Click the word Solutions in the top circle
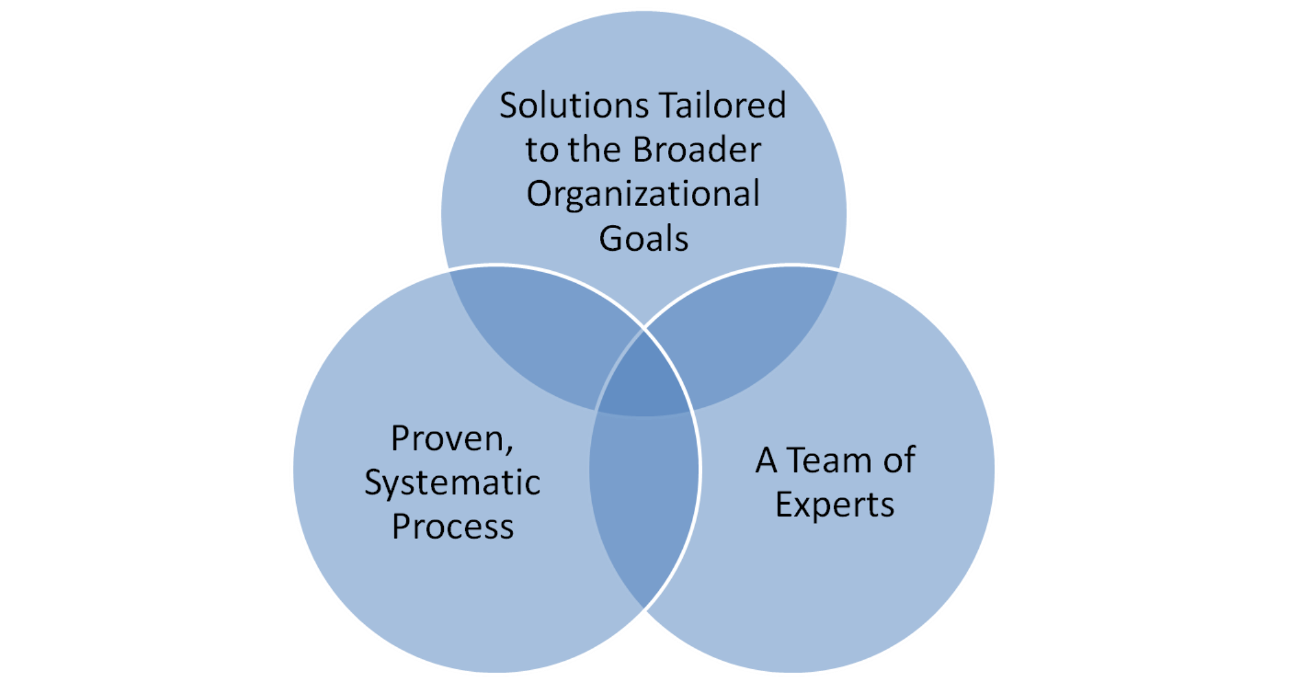point(574,105)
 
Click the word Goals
point(644,238)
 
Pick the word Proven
point(448,439)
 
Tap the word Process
point(452,527)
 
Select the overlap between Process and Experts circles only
point(644,503)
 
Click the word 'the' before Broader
point(594,150)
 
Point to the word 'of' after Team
point(899,460)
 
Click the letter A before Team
point(766,460)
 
